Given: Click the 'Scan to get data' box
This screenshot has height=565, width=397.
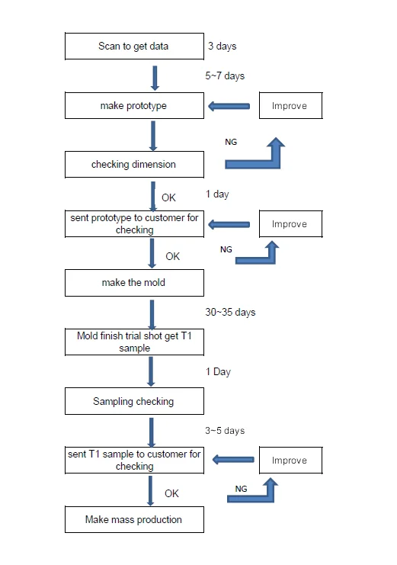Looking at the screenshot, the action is (134, 46).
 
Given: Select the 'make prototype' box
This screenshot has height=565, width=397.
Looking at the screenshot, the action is (134, 105).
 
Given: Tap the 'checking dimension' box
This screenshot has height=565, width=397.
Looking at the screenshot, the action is (134, 164).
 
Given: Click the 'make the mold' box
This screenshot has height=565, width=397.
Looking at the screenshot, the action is (134, 282).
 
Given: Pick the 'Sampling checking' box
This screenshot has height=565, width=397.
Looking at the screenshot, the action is (134, 401).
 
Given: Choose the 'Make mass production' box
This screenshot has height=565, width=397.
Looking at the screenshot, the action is (134, 519).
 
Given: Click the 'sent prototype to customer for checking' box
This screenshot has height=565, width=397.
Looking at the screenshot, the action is (134, 223).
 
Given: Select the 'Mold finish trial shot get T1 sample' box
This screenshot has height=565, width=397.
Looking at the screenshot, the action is (134, 342).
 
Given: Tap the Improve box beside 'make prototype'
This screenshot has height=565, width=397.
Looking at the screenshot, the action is (291, 105).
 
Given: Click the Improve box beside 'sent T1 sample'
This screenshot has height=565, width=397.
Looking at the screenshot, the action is (291, 460).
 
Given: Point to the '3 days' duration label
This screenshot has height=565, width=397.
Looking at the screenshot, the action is (222, 46).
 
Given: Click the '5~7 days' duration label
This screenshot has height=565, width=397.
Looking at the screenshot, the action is (225, 75).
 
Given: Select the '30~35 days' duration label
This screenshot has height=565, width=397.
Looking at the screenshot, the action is (230, 312).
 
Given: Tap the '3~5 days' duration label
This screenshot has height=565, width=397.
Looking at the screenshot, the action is (225, 430).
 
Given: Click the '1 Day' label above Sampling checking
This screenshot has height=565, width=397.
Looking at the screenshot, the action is (218, 371).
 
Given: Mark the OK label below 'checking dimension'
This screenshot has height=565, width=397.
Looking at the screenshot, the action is (168, 197).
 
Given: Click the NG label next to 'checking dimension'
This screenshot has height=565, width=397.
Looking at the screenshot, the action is (231, 142).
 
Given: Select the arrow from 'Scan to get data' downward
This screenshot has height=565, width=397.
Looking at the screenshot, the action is (155, 79).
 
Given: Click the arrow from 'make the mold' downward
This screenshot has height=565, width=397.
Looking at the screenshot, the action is (152, 315).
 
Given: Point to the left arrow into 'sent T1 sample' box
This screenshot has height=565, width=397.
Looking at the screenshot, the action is (233, 460).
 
